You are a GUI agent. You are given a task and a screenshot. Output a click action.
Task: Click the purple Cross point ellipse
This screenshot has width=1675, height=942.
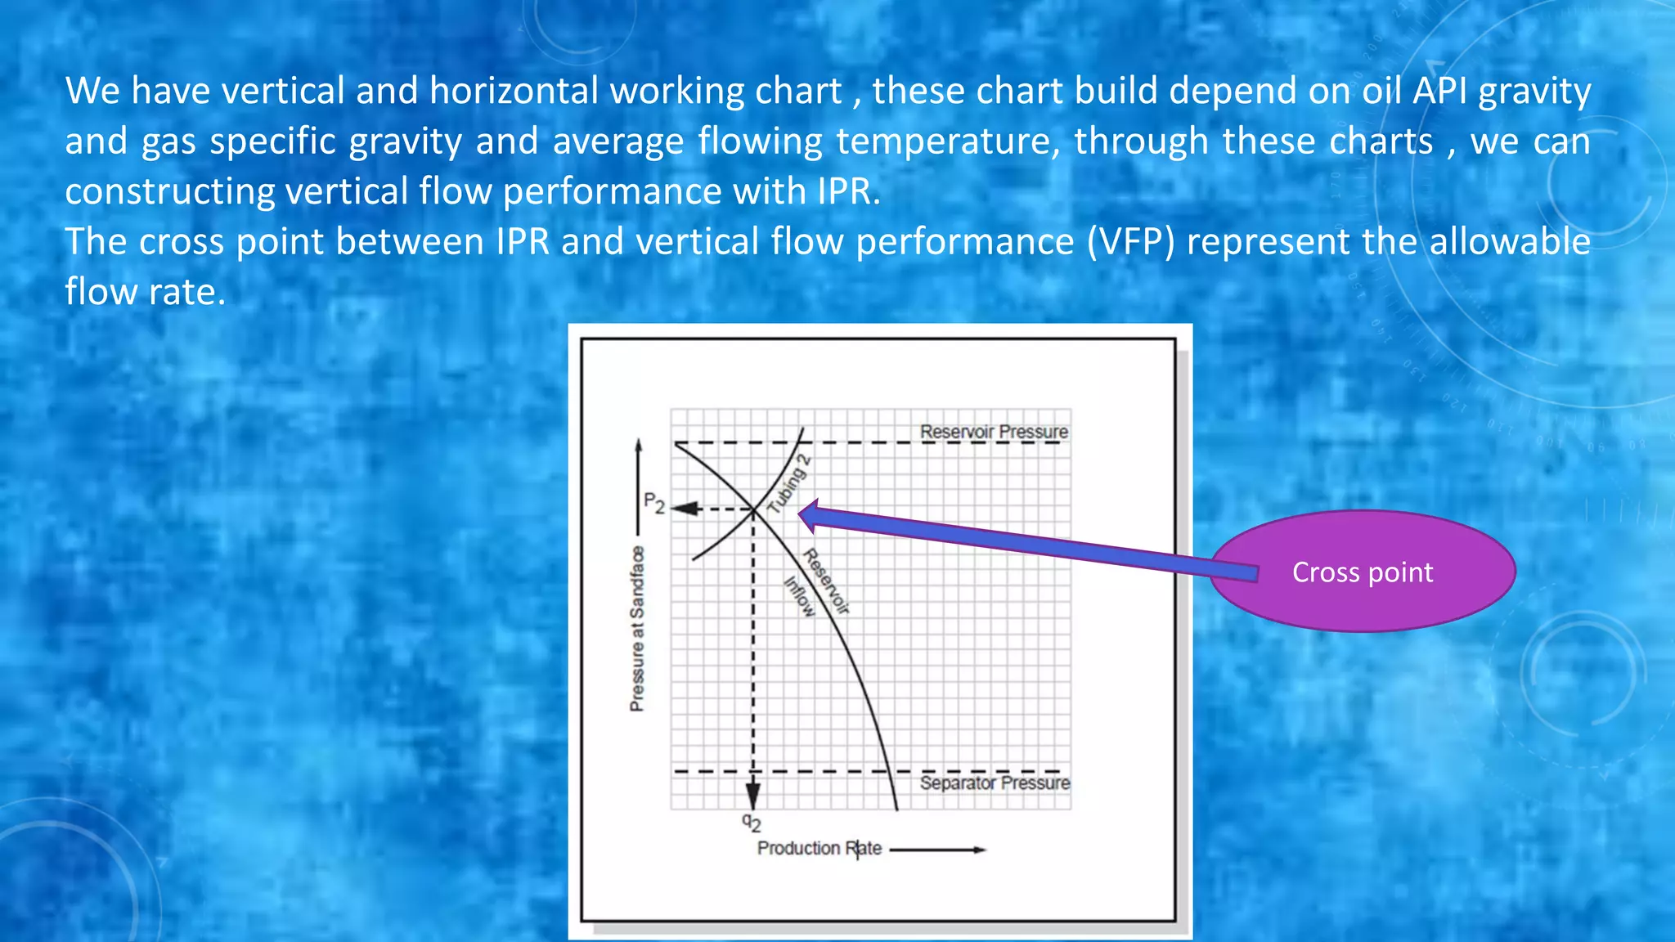coord(1363,572)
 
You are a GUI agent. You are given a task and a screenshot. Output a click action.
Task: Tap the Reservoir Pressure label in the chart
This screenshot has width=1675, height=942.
coord(994,431)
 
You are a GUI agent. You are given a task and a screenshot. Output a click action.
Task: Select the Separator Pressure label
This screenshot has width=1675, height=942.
coord(995,783)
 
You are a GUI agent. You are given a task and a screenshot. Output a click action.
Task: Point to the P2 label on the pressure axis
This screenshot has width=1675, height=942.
coord(653,502)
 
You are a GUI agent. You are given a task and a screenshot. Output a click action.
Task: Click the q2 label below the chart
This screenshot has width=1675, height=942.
coord(752,822)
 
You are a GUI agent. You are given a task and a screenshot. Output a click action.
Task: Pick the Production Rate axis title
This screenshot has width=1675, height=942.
coord(819,848)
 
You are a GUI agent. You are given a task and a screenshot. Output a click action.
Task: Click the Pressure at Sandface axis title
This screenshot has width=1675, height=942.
coord(636,629)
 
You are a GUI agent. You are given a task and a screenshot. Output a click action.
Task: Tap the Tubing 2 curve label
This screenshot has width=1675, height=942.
coord(788,484)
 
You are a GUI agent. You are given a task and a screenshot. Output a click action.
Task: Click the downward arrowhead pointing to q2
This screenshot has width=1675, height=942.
coord(753,795)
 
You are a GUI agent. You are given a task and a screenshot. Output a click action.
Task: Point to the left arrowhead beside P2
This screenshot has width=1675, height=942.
coord(685,509)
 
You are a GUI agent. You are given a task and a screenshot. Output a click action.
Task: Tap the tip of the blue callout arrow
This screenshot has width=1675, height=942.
coord(802,515)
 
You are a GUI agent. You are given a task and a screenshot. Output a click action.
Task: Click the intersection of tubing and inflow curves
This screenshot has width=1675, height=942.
coord(753,509)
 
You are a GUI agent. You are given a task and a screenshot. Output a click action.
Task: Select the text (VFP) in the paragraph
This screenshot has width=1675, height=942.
coord(1130,242)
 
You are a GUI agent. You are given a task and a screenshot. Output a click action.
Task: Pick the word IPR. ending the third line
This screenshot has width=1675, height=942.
coord(848,191)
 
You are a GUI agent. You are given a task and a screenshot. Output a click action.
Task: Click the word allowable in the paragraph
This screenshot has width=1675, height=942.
coord(1509,242)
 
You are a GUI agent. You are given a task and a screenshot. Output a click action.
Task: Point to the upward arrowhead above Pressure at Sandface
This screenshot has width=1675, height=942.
coord(639,446)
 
